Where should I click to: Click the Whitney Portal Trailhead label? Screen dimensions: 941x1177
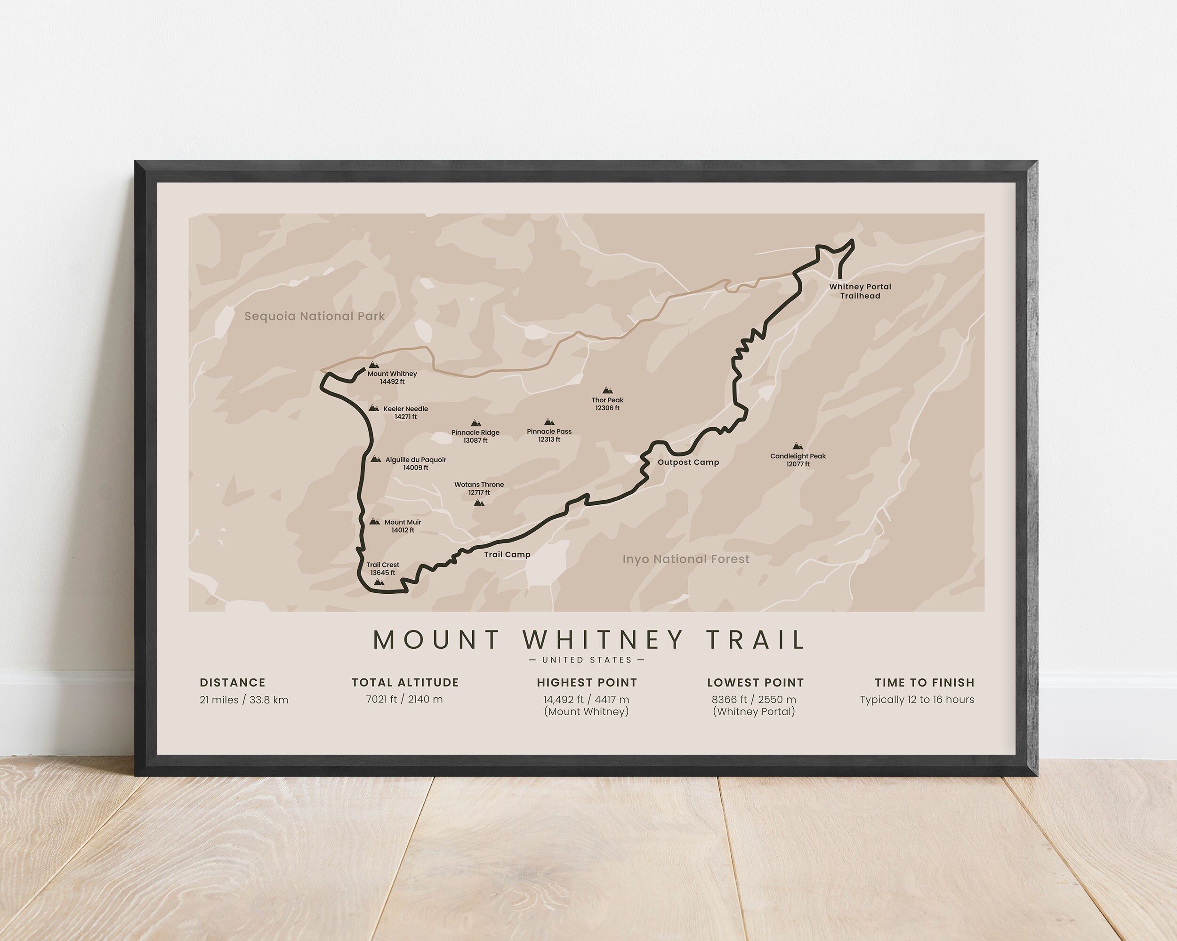pos(860,291)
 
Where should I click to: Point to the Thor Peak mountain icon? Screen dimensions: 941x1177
pos(606,390)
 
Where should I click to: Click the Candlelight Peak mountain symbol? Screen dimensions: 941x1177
pos(798,446)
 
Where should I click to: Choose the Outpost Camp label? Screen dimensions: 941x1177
pos(688,462)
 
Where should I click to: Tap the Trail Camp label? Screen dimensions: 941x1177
pos(507,554)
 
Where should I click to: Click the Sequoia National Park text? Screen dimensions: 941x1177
pos(314,316)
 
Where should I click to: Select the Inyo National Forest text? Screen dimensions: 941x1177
pos(685,558)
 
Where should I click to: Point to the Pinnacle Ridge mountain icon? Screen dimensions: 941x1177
pos(476,423)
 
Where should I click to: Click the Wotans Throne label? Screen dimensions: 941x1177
pos(479,485)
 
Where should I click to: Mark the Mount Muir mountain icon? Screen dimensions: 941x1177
pos(374,521)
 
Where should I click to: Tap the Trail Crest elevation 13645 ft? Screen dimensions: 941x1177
pos(383,573)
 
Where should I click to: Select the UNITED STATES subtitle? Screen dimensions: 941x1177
pos(587,660)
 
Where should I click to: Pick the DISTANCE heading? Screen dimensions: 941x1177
pos(233,682)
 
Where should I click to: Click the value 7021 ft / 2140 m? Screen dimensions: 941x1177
pos(404,699)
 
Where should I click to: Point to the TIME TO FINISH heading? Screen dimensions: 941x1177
pos(924,682)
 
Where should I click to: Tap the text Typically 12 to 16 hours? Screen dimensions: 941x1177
pos(917,699)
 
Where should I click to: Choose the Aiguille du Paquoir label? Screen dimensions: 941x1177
pos(415,460)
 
